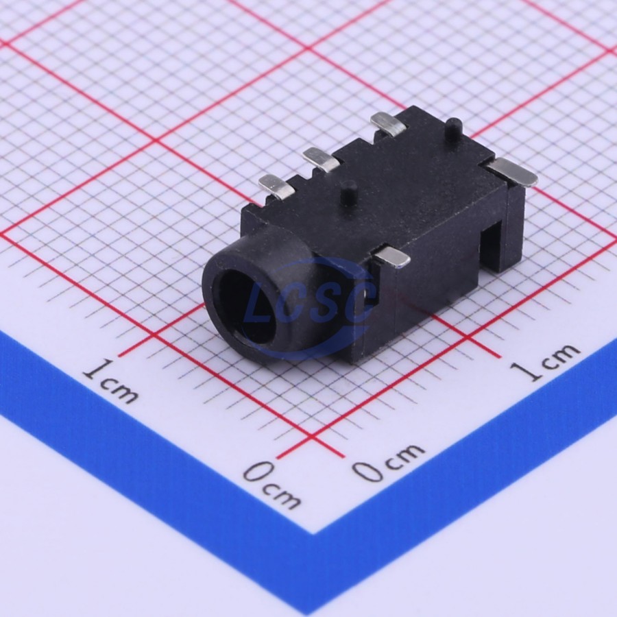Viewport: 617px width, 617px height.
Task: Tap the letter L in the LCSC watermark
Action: point(262,306)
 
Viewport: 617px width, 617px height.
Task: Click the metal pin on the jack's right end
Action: point(512,172)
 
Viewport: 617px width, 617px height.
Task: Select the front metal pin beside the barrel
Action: point(392,257)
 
